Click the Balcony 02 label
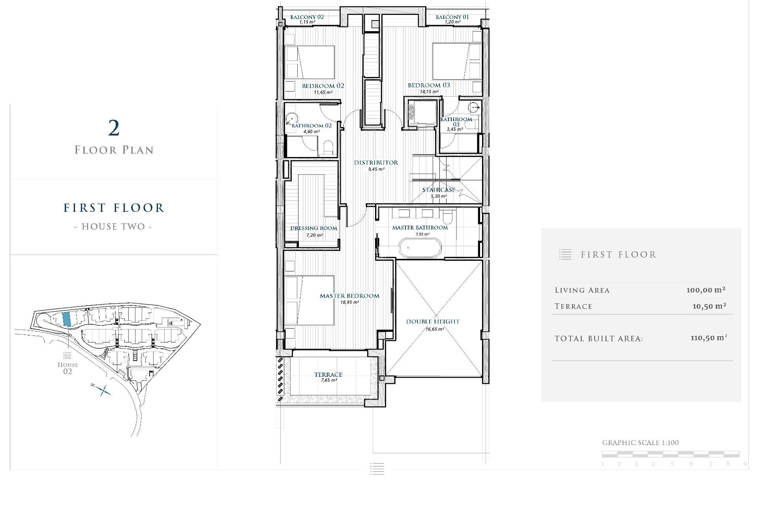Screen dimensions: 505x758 tap(307, 17)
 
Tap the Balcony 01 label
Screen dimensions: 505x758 tap(452, 17)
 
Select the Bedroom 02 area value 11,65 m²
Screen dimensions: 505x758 tap(323, 92)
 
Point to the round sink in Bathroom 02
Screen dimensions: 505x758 tap(291, 118)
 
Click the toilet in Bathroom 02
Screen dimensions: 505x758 tap(328, 148)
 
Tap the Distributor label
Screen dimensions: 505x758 tap(376, 163)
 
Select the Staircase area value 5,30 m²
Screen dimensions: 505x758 tap(439, 196)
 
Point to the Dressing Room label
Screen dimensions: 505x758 tap(313, 228)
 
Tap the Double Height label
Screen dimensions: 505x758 tap(433, 322)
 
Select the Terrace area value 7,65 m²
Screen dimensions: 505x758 tap(328, 380)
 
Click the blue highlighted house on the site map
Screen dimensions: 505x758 tap(67, 319)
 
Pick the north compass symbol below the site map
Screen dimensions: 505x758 tap(103, 390)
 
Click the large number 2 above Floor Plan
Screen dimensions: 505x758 tap(114, 128)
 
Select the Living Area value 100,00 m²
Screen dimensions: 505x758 tap(706, 290)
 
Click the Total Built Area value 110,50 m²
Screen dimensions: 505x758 tap(709, 338)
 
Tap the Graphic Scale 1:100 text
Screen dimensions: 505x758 tap(640, 443)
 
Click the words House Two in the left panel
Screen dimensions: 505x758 tap(113, 226)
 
